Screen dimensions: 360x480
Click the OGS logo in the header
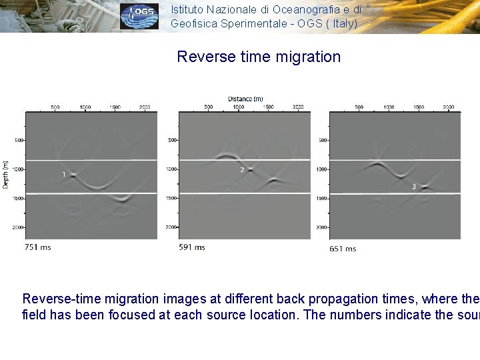coord(139,16)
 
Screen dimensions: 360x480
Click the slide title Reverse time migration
coord(259,57)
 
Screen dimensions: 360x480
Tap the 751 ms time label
coord(37,247)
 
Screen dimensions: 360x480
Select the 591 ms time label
coord(192,247)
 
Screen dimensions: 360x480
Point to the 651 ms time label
coord(343,249)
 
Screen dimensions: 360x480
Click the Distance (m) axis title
coord(245,99)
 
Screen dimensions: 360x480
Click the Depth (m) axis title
coord(6,174)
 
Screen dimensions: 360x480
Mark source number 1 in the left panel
coord(64,174)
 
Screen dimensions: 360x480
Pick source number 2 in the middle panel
coord(242,170)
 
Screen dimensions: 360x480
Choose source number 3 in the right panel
coord(414,187)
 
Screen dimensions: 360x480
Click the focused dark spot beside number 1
coord(73,175)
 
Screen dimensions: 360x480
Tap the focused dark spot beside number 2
coord(251,169)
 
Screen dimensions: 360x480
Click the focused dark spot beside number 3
coord(424,189)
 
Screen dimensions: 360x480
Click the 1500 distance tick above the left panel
coord(115,107)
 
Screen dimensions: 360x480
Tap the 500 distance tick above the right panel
coord(359,107)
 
